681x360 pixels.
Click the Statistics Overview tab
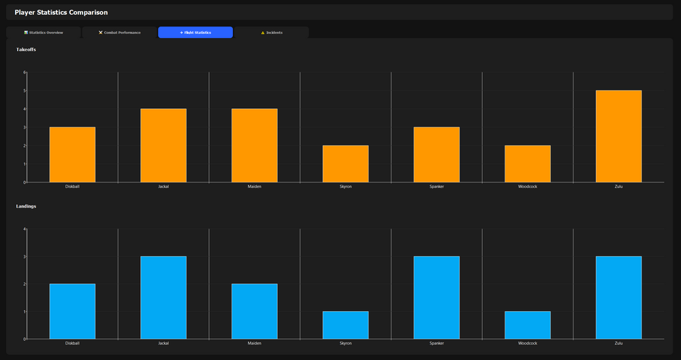44,33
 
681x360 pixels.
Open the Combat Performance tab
120,33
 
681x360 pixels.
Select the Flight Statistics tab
195,33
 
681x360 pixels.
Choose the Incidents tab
272,33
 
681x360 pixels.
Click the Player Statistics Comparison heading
61,12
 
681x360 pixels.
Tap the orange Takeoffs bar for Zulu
618,136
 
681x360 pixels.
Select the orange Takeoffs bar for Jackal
163,146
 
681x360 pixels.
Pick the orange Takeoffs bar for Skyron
345,164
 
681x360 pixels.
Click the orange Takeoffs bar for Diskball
72,154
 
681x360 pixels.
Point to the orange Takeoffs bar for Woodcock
528,164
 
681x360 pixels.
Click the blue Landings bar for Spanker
437,297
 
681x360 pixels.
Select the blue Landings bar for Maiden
255,311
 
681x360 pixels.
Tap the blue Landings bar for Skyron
345,325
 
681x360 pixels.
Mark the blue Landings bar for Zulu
618,297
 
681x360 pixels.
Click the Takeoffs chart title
27,50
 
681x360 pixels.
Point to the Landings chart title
27,206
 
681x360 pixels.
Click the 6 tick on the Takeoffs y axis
25,72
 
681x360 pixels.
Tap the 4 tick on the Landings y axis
25,229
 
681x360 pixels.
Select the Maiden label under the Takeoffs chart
255,186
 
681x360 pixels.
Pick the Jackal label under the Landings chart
163,343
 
